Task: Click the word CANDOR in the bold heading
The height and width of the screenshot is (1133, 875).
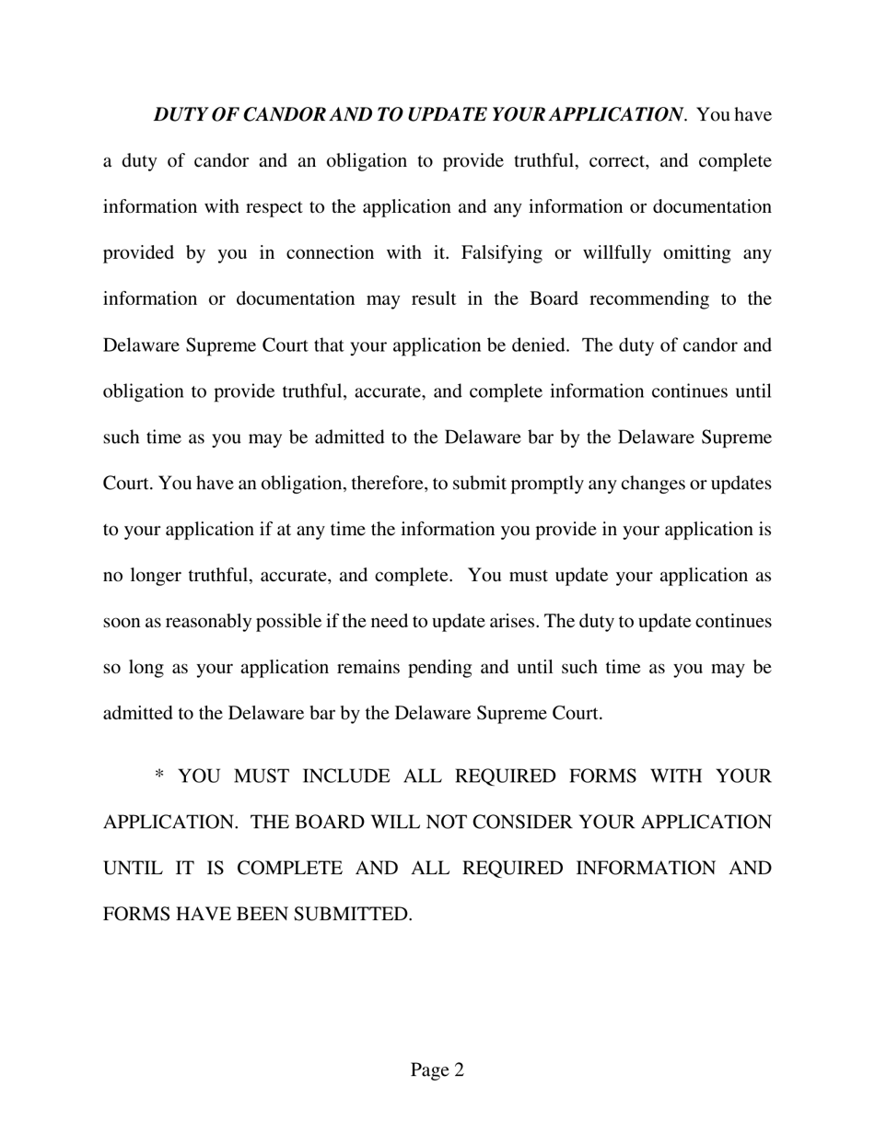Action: [280, 115]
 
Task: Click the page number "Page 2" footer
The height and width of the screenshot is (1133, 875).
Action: [437, 1070]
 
